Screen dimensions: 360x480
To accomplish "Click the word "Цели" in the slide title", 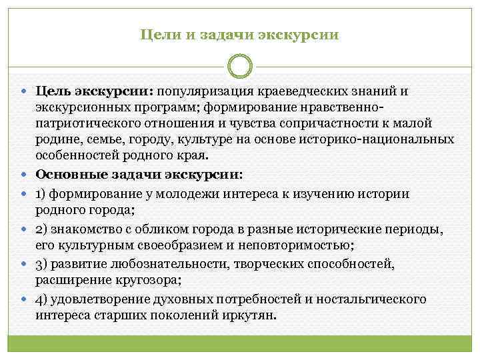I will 157,33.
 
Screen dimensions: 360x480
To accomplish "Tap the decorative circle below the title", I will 240,67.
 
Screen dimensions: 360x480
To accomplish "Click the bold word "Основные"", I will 68,175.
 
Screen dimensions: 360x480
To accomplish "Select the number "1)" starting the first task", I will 42,193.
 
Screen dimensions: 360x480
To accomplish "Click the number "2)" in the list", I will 43,229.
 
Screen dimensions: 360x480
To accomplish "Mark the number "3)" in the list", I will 43,264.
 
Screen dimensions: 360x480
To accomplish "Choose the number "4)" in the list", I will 43,299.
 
